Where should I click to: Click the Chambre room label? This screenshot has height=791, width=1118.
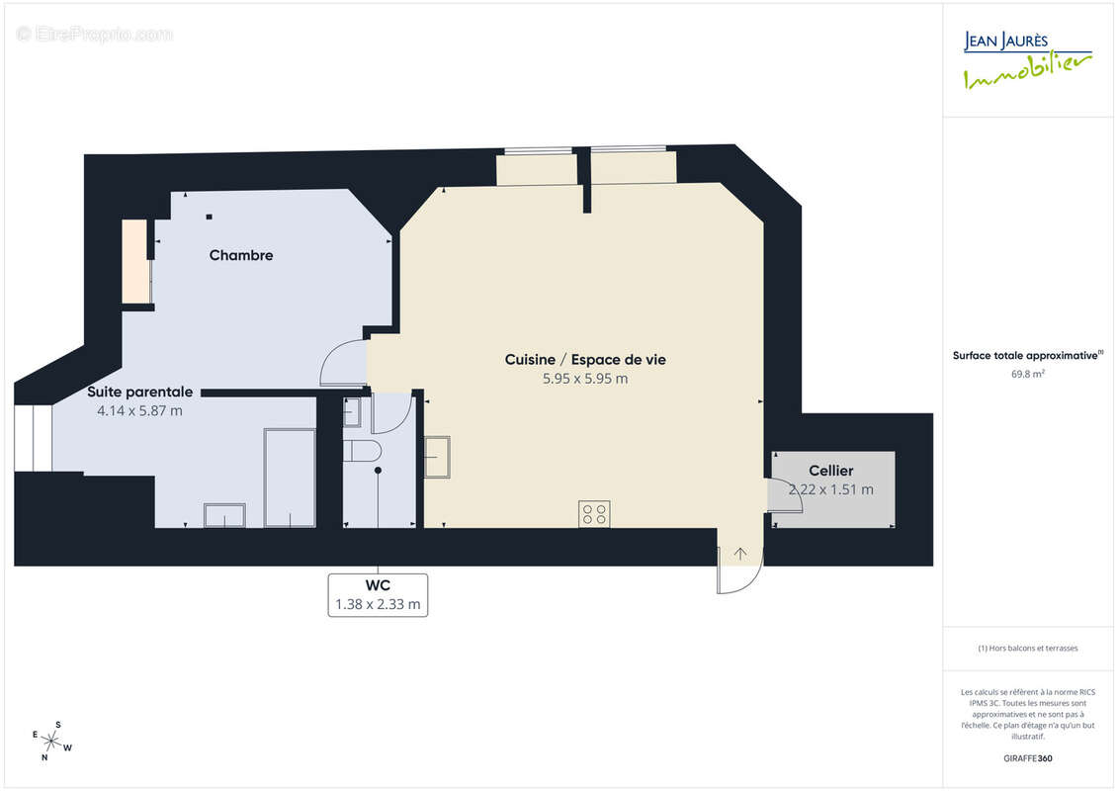[241, 255]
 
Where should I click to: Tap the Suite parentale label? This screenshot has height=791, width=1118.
[139, 392]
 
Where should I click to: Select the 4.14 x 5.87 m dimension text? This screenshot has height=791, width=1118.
[139, 411]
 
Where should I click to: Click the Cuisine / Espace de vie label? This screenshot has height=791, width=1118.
[585, 360]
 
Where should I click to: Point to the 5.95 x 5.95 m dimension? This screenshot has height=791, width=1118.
[585, 379]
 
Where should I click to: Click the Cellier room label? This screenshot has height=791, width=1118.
[830, 471]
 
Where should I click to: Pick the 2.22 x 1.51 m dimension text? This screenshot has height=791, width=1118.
[830, 489]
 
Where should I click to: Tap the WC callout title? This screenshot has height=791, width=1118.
[378, 585]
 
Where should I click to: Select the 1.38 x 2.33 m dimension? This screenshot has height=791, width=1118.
[378, 604]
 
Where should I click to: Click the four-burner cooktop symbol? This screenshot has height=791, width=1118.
[594, 514]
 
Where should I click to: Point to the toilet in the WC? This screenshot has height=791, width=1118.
[362, 451]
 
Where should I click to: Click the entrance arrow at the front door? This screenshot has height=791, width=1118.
[740, 554]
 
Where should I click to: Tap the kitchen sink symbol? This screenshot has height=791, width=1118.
[437, 457]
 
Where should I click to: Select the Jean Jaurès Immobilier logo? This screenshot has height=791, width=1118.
[1027, 60]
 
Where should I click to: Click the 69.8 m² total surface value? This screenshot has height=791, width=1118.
[1027, 374]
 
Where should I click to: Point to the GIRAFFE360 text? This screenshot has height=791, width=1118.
[1027, 758]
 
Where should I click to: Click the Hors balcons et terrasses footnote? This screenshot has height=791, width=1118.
[1027, 649]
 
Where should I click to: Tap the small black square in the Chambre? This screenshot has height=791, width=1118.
[209, 217]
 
